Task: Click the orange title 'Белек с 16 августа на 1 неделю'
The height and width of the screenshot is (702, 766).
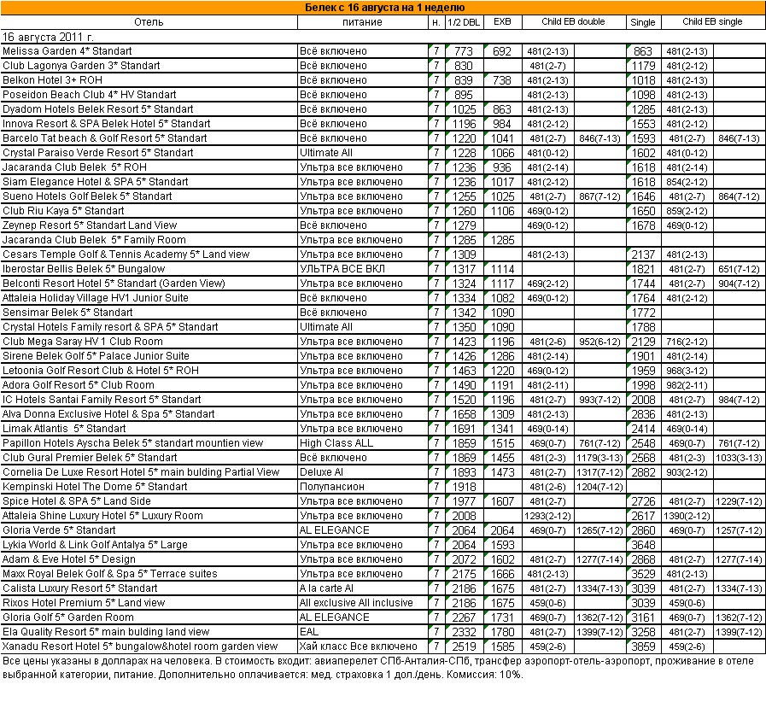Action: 384,8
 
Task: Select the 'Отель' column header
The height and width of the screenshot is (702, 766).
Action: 149,22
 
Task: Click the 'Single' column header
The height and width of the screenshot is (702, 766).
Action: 642,22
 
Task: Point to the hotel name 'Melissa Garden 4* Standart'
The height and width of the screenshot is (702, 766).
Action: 67,51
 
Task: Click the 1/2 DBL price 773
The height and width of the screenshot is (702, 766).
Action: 464,51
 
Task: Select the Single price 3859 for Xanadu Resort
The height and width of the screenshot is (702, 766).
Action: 642,646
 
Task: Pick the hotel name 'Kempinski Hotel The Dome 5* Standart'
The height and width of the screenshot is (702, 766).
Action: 96,487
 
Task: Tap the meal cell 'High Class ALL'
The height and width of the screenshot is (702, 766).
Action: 336,443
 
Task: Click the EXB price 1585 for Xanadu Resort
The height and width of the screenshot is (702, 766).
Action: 503,646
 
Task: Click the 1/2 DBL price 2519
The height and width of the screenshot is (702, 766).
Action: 464,646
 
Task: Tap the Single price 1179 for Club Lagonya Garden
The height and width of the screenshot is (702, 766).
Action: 642,66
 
